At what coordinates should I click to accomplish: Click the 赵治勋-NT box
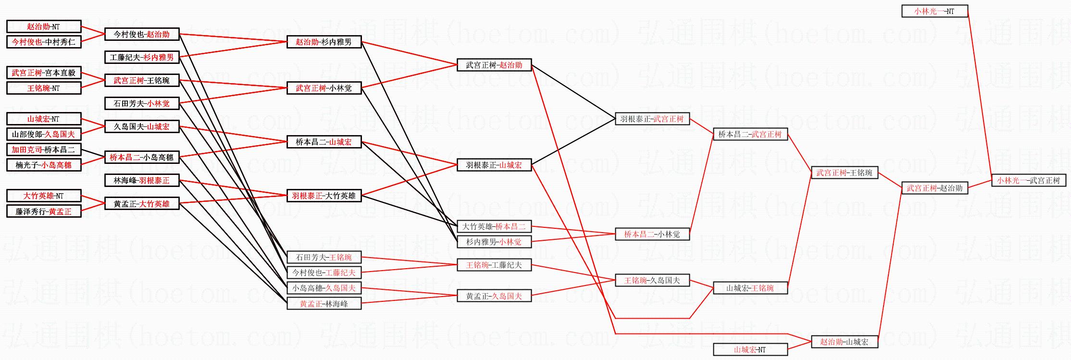44,27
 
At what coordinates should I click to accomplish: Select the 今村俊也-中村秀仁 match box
44,42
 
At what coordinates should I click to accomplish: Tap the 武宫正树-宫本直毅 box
44,73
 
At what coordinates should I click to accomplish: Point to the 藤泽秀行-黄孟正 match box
44,211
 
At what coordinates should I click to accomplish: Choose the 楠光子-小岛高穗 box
44,165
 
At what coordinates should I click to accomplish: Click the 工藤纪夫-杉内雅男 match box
142,58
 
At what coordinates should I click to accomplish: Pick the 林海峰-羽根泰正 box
142,180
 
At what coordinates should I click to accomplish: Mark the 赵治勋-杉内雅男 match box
324,42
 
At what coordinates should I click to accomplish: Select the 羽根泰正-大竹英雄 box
324,196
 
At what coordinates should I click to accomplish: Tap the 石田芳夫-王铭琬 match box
324,257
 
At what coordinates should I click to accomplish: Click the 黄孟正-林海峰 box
324,304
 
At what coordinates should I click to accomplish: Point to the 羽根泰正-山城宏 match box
494,165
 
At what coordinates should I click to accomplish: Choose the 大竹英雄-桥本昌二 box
494,226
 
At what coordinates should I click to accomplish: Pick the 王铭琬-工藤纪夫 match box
494,265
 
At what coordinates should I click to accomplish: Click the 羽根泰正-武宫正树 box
652,119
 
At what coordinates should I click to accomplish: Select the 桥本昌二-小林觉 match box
652,234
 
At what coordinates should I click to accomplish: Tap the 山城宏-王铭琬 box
750,288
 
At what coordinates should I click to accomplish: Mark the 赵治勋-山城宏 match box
844,342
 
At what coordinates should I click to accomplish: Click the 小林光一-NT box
934,11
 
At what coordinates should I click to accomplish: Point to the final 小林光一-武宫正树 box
1028,180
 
